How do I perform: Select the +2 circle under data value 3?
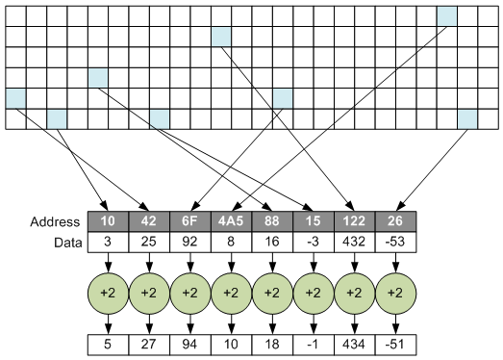[108, 291]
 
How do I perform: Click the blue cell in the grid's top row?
[446, 16]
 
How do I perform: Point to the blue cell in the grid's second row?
[221, 37]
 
